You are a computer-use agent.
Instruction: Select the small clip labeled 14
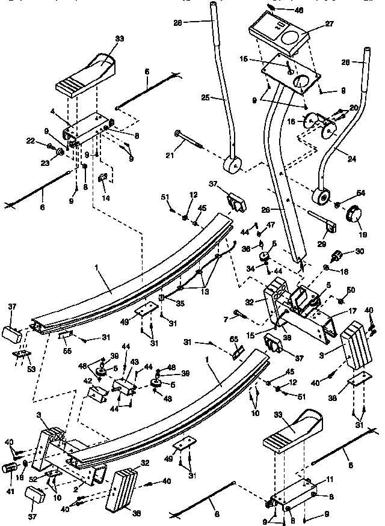tap(103, 178)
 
